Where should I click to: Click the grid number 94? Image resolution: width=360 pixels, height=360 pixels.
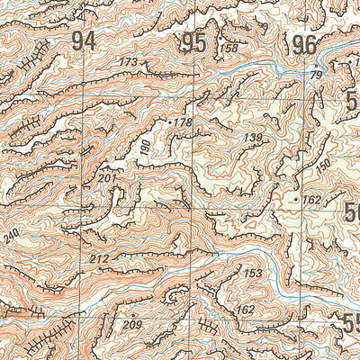pos(84,40)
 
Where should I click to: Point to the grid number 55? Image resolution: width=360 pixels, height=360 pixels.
pos(352,322)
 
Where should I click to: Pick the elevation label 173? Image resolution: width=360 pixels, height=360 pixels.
pos(130,62)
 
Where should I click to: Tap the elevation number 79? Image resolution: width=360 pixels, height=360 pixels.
pos(315,75)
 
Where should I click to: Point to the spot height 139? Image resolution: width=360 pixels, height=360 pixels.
pos(253,137)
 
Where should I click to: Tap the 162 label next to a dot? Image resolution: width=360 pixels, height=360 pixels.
pos(311,199)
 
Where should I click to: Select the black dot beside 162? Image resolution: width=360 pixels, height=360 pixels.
pos(296,195)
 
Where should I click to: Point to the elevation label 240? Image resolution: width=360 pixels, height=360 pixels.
pos(11,237)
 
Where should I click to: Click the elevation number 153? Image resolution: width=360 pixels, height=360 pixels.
pos(253,274)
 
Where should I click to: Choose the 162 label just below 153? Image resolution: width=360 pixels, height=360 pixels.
pos(244,310)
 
